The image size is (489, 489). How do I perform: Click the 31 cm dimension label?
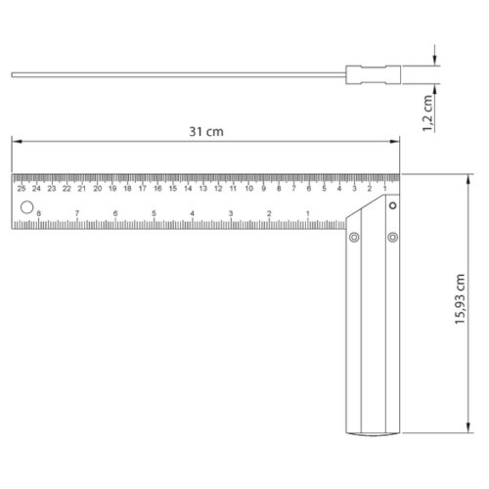[x=206, y=132]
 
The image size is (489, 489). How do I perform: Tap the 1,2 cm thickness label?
[x=427, y=113]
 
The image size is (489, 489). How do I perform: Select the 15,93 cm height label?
[x=460, y=299]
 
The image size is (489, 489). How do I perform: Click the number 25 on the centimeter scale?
[x=22, y=189]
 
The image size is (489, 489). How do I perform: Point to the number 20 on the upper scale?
[x=98, y=189]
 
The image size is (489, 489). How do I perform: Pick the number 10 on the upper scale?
[x=249, y=189]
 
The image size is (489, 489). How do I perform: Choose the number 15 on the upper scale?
[x=173, y=189]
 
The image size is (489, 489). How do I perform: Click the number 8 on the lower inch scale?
[x=39, y=213]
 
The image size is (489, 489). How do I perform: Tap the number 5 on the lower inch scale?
[x=154, y=213]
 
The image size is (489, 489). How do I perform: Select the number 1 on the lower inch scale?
[x=308, y=213]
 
